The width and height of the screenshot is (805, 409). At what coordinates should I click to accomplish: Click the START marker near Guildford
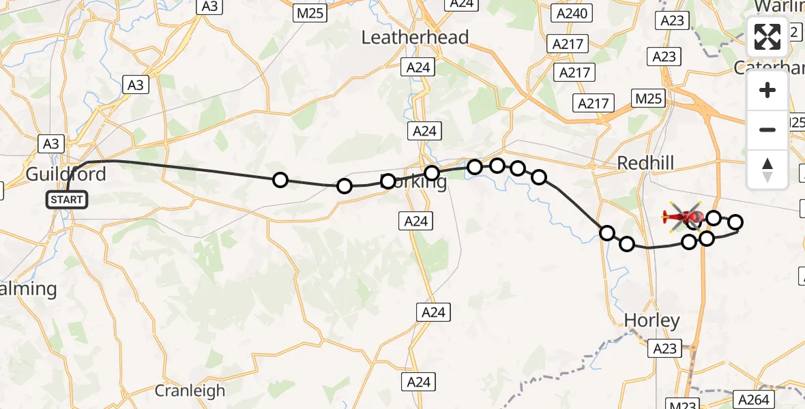68,200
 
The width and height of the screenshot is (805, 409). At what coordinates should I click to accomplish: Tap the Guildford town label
66,174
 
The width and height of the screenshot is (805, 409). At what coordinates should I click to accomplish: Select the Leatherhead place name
415,37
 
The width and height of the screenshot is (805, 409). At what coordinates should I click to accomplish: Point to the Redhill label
645,163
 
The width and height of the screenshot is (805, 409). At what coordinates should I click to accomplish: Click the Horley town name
652,320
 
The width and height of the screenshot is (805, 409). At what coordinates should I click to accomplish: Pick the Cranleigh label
190,391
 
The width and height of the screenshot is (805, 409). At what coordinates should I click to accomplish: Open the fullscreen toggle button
767,37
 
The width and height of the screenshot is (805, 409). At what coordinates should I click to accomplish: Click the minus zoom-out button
767,130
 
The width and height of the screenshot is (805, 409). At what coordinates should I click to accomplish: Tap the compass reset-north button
767,169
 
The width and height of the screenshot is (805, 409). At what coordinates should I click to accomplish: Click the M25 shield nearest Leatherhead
310,12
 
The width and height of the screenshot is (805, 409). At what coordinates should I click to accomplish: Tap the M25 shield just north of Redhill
647,99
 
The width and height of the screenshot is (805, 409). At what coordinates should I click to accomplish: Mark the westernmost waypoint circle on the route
280,180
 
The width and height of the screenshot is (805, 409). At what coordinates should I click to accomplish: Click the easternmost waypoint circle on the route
735,222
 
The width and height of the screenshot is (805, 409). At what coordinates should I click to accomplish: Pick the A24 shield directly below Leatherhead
418,67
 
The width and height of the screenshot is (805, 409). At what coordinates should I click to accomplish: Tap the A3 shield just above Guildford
52,143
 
